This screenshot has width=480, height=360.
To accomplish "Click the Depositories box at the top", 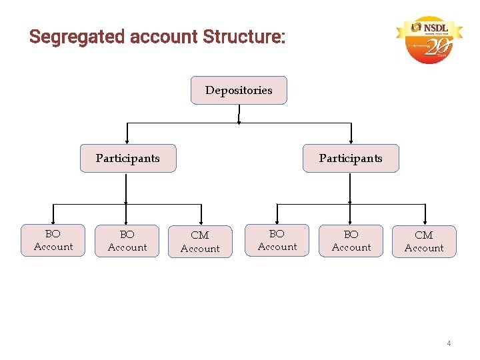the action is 239,90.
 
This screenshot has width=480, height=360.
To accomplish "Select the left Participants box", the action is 128,158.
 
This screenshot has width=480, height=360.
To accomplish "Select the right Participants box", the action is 351,158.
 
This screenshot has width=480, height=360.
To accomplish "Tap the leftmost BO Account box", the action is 53,240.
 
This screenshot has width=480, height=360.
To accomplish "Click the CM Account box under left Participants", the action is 200,241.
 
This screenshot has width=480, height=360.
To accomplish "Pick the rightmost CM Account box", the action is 424,241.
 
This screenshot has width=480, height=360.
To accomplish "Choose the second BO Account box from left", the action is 127,241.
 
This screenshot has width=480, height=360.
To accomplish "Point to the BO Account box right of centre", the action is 277,240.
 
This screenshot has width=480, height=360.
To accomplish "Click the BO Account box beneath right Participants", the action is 351,241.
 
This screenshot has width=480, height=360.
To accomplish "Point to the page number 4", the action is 449,343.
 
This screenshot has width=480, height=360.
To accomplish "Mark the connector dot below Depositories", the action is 239,123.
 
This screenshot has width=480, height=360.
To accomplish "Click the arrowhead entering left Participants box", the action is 127,141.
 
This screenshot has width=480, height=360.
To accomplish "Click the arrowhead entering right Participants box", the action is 351,141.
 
